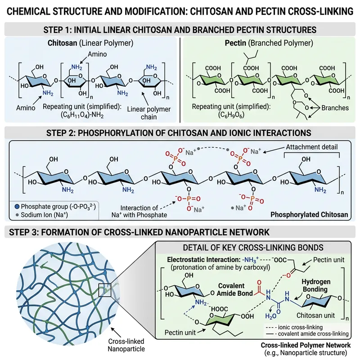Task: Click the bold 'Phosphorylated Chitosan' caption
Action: (x=309, y=215)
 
